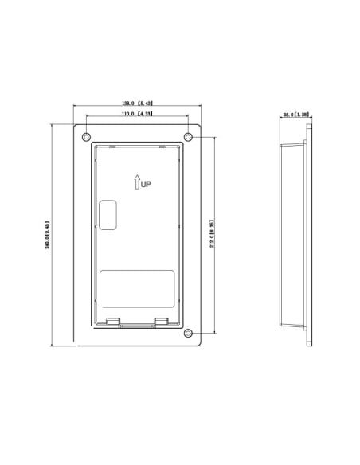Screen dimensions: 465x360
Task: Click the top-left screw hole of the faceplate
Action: click(87, 136)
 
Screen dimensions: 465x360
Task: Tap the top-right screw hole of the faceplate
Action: click(188, 137)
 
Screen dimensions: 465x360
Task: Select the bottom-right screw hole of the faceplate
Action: click(188, 333)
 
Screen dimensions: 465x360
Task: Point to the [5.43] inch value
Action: click(145, 104)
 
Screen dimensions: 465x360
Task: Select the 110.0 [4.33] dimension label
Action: click(137, 115)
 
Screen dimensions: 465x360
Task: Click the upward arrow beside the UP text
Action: click(137, 182)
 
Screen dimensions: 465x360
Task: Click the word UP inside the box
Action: click(146, 184)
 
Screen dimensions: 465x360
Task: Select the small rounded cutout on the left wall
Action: click(107, 216)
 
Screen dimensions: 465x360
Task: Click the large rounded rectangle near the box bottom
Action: click(136, 289)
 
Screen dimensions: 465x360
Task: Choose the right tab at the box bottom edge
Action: click(161, 322)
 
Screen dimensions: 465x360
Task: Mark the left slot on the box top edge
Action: click(112, 147)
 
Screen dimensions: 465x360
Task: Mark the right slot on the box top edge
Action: click(162, 147)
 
